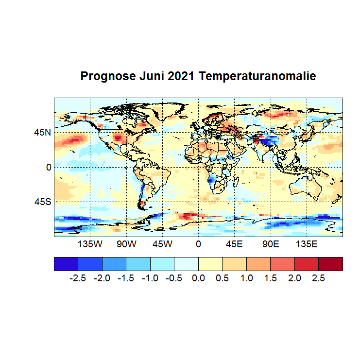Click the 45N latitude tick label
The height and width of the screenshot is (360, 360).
coord(42,132)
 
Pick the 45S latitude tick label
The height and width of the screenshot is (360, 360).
coord(42,202)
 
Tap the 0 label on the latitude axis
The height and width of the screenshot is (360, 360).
coord(49,167)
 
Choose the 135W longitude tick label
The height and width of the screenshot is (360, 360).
coord(90,244)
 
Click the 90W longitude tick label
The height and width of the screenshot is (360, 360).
coord(126,244)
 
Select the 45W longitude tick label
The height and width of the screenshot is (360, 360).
coord(162,244)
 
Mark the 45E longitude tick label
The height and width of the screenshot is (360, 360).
coord(234,244)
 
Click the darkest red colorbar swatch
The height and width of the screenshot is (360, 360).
coord(330,263)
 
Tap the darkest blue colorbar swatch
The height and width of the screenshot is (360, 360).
coord(66,263)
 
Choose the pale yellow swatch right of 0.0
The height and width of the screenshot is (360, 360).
coord(210,263)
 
